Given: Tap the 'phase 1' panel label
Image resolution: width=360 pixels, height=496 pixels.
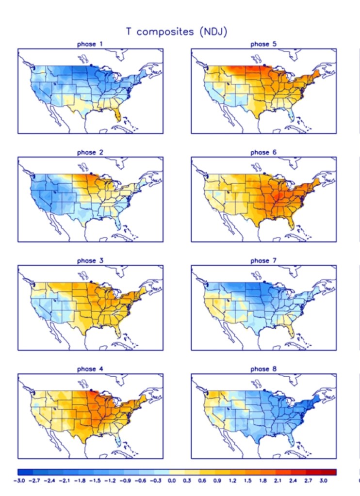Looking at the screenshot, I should coord(90,44).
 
